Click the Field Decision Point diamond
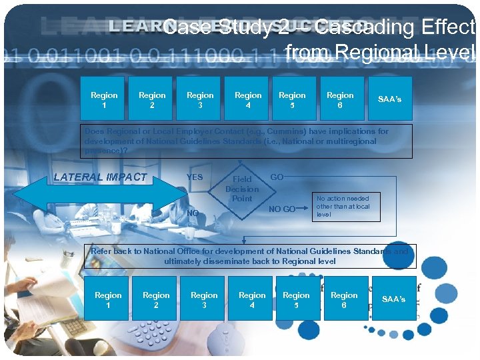point(242,189)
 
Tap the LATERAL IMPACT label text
point(100,177)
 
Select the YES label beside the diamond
point(195,177)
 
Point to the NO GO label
point(281,209)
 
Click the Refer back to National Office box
point(249,256)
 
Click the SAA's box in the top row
point(389,99)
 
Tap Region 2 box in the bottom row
point(156,299)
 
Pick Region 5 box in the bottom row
point(296,299)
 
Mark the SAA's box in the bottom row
point(393,299)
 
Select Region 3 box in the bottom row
point(204,299)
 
